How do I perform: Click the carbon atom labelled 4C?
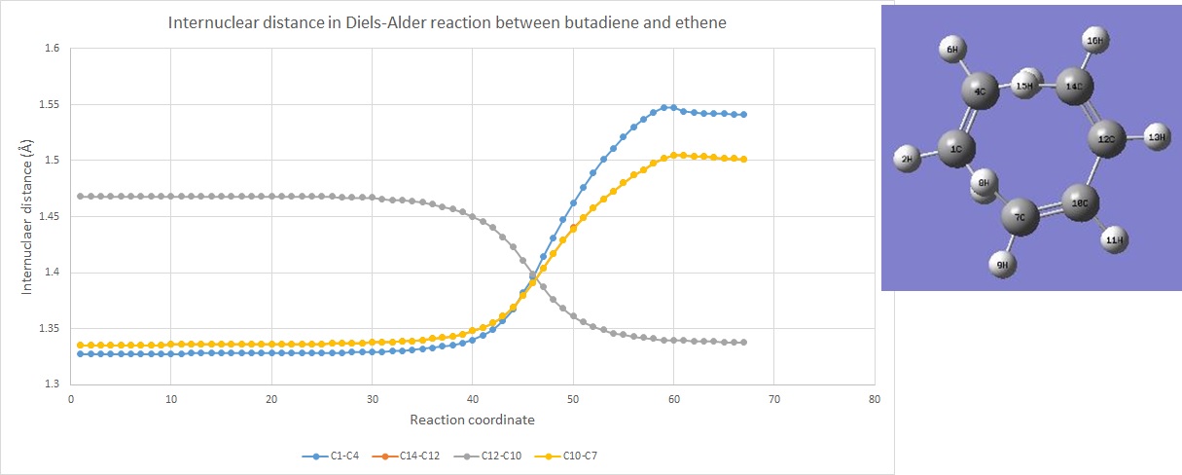pyautogui.click(x=980, y=93)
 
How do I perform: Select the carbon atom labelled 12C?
pyautogui.click(x=1106, y=139)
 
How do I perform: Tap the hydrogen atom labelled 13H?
pyautogui.click(x=1156, y=137)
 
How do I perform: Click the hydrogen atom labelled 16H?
pyautogui.click(x=1094, y=41)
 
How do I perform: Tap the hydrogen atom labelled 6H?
pyautogui.click(x=953, y=48)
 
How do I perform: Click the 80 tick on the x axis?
pyautogui.click(x=874, y=399)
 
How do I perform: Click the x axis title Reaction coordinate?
pyautogui.click(x=472, y=420)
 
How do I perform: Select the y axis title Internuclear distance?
pyautogui.click(x=28, y=216)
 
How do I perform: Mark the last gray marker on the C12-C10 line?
pyautogui.click(x=744, y=343)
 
